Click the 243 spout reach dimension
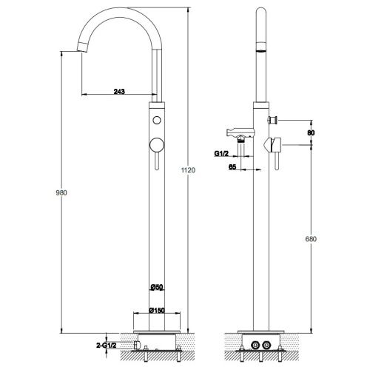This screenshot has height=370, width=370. [x=119, y=92]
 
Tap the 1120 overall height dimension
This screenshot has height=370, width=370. [x=188, y=170]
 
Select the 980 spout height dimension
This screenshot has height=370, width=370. [x=61, y=192]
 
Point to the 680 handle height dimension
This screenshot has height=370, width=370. [x=311, y=239]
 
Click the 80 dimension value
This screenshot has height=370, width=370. [x=311, y=132]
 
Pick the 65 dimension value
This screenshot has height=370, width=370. [x=232, y=167]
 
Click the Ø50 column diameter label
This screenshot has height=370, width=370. [x=157, y=287]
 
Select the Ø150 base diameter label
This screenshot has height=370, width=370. [x=157, y=310]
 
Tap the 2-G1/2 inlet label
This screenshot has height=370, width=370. [x=106, y=346]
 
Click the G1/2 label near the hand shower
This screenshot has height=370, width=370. [x=221, y=153]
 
